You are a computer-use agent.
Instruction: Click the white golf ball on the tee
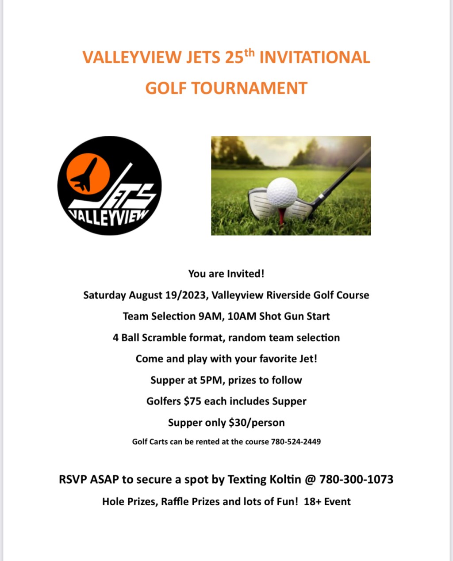tap(282, 192)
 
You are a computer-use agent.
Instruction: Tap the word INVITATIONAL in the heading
tap(315, 58)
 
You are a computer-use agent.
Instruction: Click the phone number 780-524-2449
tap(296, 442)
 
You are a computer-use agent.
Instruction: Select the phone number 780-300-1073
tap(356, 479)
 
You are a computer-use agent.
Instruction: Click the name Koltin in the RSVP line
tap(285, 479)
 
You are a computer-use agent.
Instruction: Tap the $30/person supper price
tap(257, 423)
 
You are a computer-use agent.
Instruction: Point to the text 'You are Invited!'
tap(226, 274)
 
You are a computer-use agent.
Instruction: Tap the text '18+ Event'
tap(327, 502)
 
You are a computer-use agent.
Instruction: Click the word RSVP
tap(73, 479)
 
